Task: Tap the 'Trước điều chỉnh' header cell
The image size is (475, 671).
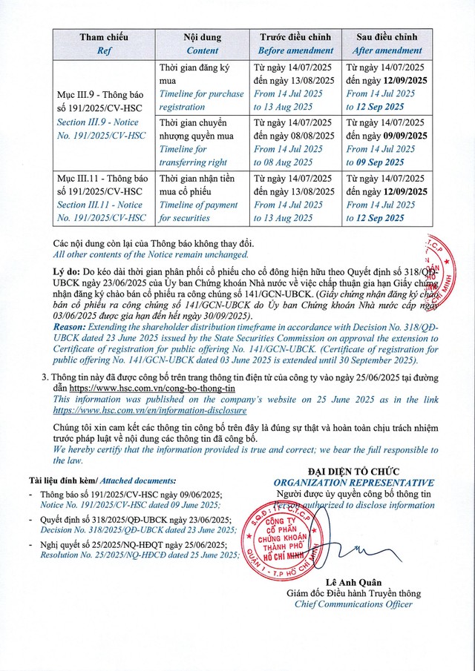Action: [x=297, y=36]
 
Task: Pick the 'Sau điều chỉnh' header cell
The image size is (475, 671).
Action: [x=387, y=36]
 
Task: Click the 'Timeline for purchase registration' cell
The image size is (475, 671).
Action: [x=201, y=100]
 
